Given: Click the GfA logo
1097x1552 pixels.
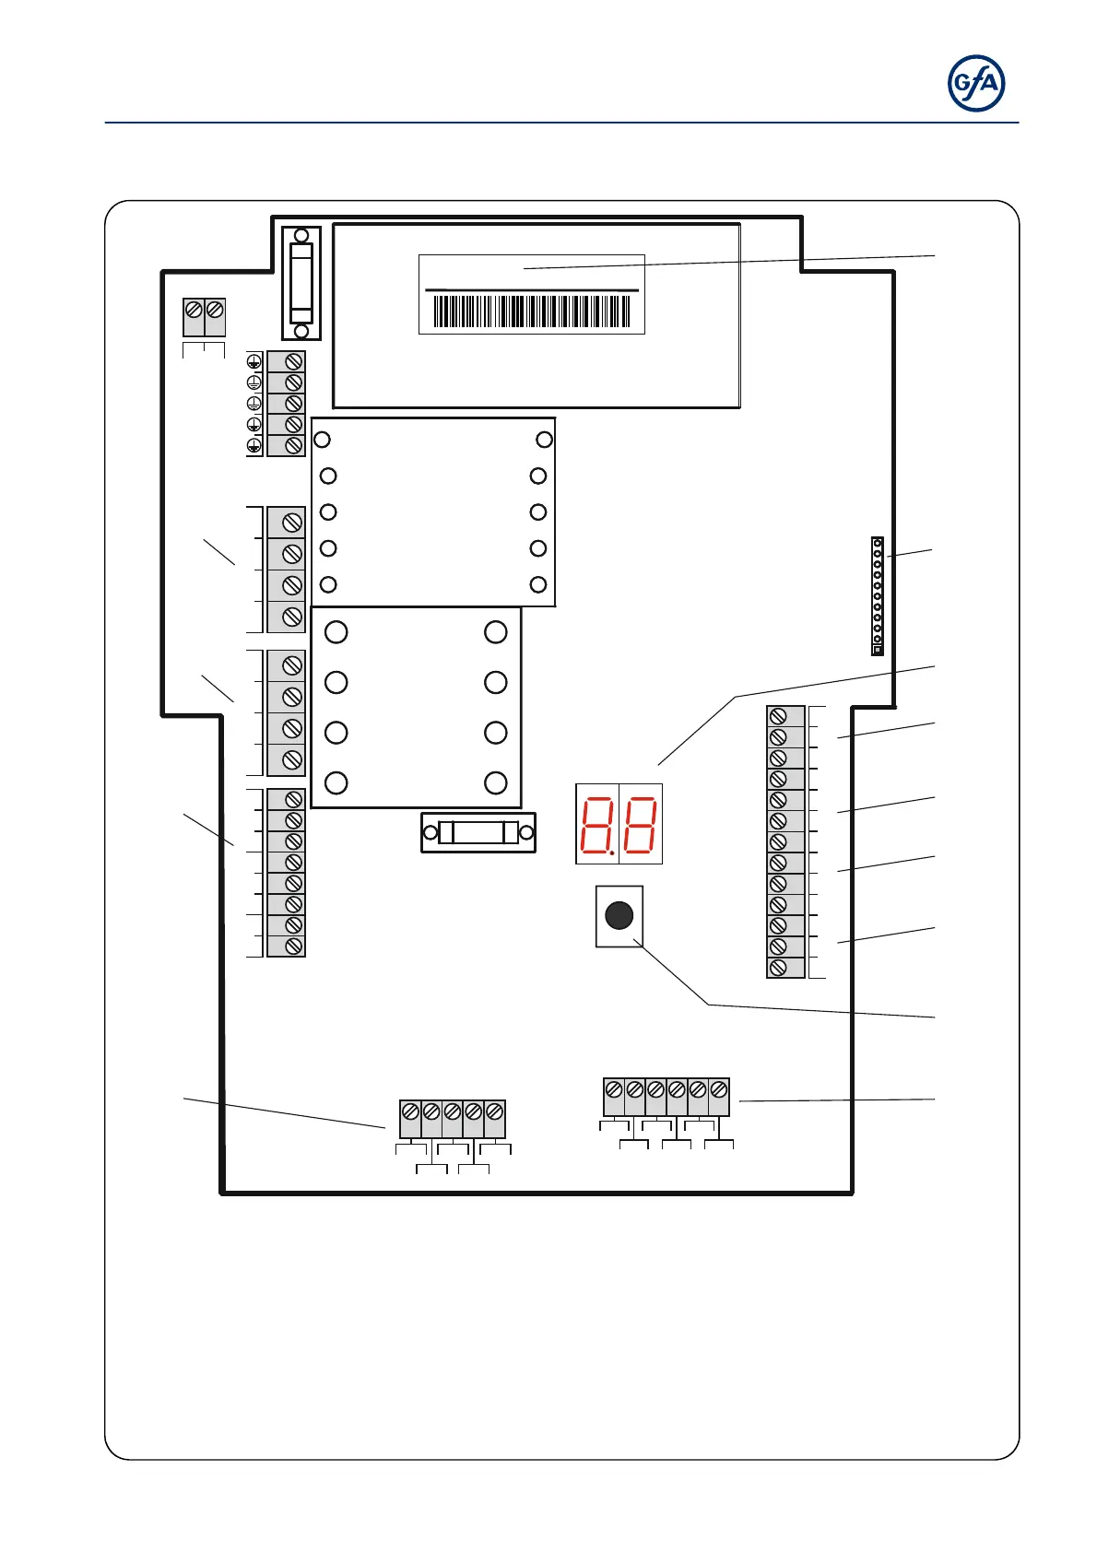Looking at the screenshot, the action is pos(976,84).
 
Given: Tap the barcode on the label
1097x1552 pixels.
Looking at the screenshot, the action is pos(532,312).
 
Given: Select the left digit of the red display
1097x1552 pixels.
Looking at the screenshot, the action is pos(597,824).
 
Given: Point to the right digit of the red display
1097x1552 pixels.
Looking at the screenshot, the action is pos(640,824).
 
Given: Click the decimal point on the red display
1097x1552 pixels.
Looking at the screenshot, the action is pos(611,852).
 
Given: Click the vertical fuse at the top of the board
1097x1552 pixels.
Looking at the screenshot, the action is pos(301,283).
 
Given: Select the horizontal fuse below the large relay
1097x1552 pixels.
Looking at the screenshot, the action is pos(478,833).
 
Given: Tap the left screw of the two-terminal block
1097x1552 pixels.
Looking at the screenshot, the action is pos(194,312).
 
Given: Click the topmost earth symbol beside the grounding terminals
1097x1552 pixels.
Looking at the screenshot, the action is pos(254,361).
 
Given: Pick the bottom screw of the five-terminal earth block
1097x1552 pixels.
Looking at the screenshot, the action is pos(293,445).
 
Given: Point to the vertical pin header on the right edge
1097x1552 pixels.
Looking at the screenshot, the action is pos(878,596).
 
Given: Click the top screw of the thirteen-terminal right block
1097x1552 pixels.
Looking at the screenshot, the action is pos(778,716).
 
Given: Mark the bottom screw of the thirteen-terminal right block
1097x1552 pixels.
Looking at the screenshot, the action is pos(778,968).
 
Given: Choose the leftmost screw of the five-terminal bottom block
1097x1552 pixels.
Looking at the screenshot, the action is pos(410,1111).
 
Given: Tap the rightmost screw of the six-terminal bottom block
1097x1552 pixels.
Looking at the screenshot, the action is pos(718,1090).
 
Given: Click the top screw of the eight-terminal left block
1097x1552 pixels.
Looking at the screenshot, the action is pos(293,799).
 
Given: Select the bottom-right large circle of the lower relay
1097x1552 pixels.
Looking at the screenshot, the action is pos(496,782).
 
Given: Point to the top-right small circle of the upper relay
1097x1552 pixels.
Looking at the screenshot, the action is pos(545,440).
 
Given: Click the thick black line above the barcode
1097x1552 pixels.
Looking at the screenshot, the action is pos(532,290).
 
